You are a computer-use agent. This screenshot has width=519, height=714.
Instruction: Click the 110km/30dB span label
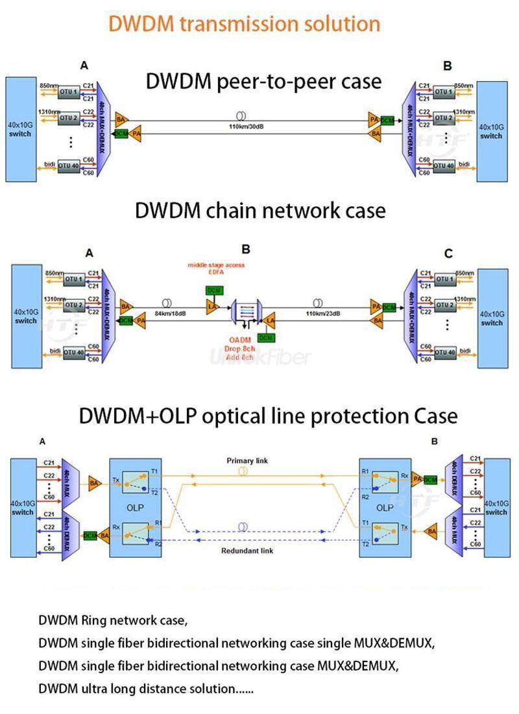241,126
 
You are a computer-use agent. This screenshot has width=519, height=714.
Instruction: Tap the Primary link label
247,461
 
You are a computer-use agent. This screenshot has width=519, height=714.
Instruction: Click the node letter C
448,254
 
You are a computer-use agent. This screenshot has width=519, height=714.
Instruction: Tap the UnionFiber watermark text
260,356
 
